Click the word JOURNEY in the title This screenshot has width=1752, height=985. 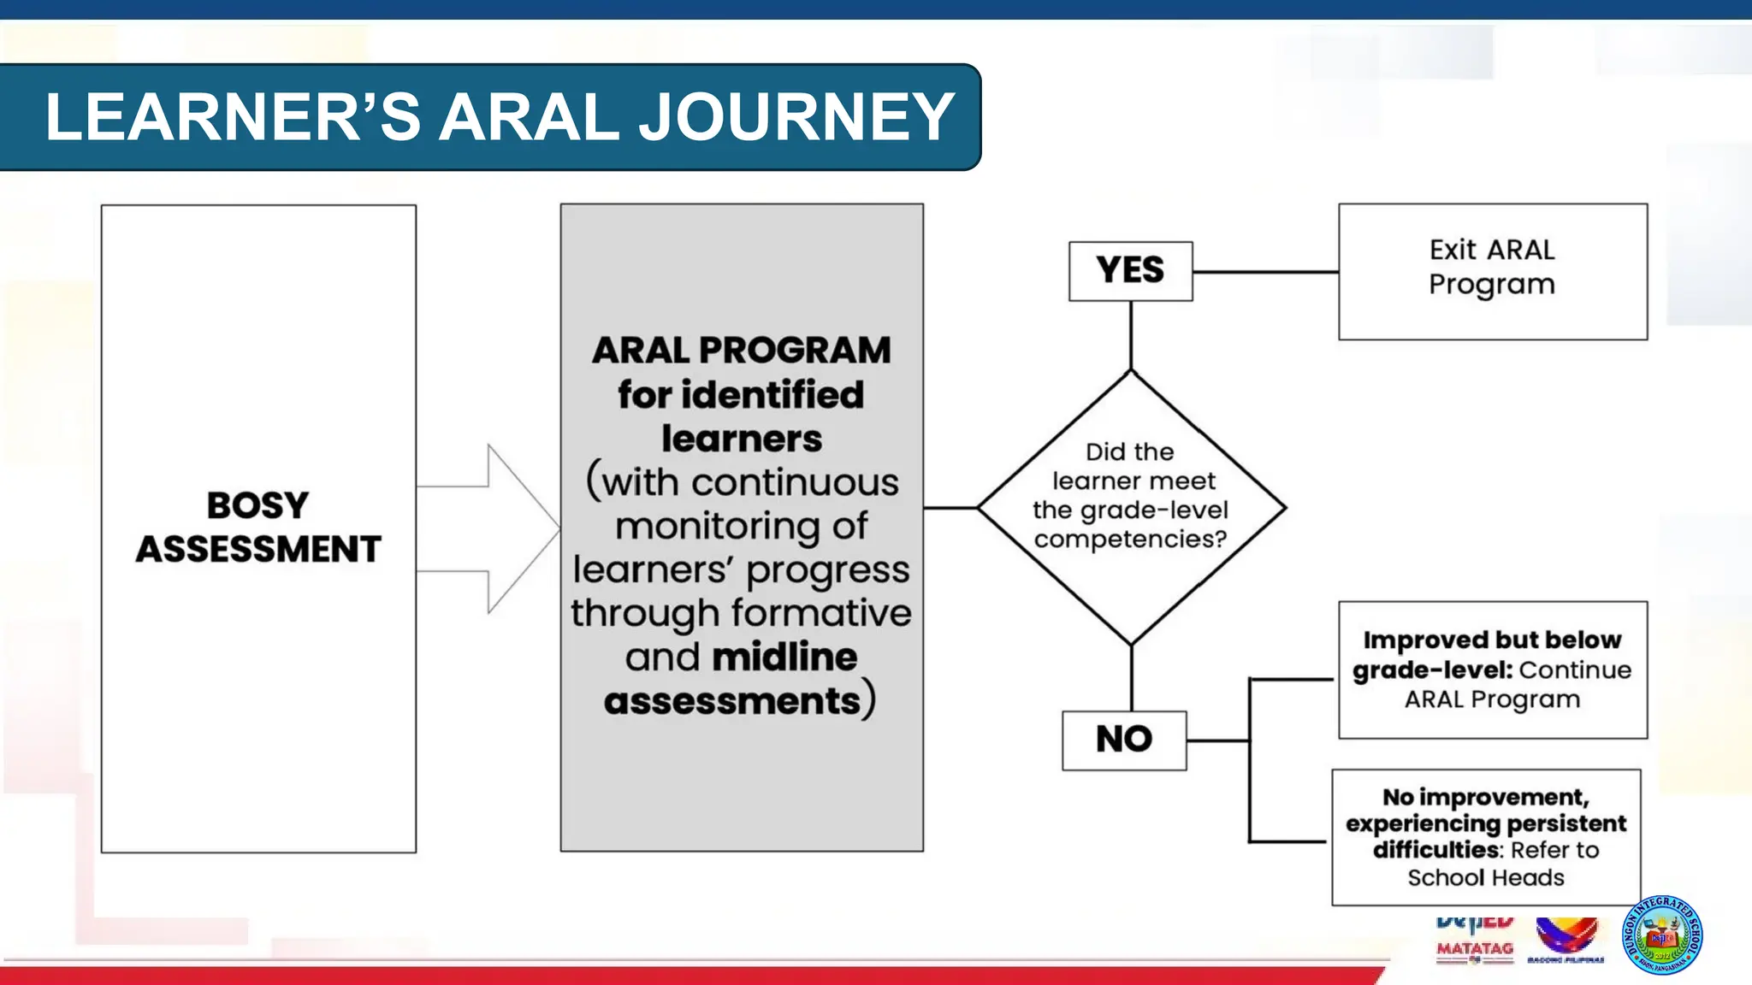point(796,117)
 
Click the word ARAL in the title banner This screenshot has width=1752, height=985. point(529,117)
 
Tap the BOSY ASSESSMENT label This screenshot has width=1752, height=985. point(258,527)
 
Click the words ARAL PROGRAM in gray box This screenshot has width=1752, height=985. point(741,351)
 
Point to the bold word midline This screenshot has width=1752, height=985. point(784,658)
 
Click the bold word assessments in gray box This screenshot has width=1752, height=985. point(732,701)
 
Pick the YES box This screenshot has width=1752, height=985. point(1130,271)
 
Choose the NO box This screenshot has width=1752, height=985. point(1124,740)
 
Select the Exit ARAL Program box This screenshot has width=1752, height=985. point(1492,271)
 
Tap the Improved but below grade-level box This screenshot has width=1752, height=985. point(1492,669)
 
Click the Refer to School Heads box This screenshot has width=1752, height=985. point(1486,837)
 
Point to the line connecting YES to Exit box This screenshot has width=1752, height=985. point(1265,272)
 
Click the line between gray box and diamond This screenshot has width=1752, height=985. point(950,508)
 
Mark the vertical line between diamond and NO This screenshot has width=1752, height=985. point(1132,677)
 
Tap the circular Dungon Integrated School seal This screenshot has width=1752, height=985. point(1661,935)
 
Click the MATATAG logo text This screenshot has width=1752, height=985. point(1475,948)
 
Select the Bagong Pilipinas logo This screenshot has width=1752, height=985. point(1566,939)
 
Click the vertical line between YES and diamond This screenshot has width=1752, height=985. point(1131,335)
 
